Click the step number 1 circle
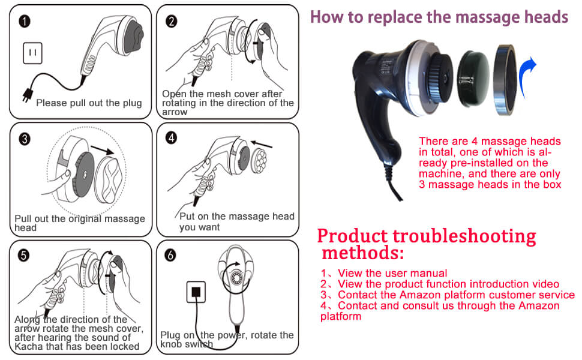(x=25, y=22)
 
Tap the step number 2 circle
(x=172, y=22)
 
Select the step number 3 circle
(x=25, y=139)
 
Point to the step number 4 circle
(x=172, y=139)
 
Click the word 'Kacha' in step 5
(x=30, y=346)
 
